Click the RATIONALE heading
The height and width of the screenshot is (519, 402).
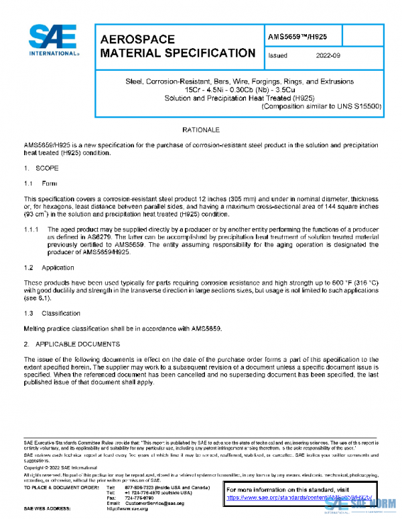point(202,128)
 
